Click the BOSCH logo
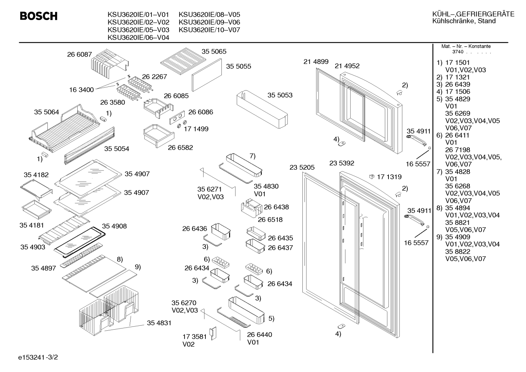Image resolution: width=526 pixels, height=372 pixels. click(x=39, y=16)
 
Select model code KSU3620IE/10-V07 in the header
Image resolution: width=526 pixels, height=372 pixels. click(x=209, y=30)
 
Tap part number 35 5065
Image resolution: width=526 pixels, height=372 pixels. click(x=214, y=51)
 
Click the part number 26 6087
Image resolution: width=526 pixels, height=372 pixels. click(x=80, y=54)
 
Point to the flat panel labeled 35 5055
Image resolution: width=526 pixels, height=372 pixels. click(x=206, y=75)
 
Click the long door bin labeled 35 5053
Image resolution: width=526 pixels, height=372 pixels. click(x=262, y=109)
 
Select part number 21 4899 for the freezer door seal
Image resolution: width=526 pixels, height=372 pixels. click(x=316, y=62)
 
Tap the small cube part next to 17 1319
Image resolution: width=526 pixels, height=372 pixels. click(x=371, y=176)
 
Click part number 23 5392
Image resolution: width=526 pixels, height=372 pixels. click(x=342, y=163)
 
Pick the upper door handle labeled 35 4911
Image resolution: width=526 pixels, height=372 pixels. click(x=416, y=140)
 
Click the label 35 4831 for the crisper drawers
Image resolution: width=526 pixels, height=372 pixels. click(x=159, y=323)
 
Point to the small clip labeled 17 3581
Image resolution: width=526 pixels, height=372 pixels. click(x=213, y=333)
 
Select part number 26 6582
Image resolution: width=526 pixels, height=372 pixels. click(x=180, y=147)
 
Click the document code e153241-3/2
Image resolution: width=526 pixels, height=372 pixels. click(x=38, y=357)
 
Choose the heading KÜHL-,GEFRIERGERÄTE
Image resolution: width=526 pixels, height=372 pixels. click(x=473, y=14)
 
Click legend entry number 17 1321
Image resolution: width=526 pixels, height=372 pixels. click(x=457, y=77)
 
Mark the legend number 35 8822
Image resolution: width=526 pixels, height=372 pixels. click(x=457, y=252)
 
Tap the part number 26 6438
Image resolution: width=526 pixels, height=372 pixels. click(x=276, y=207)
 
